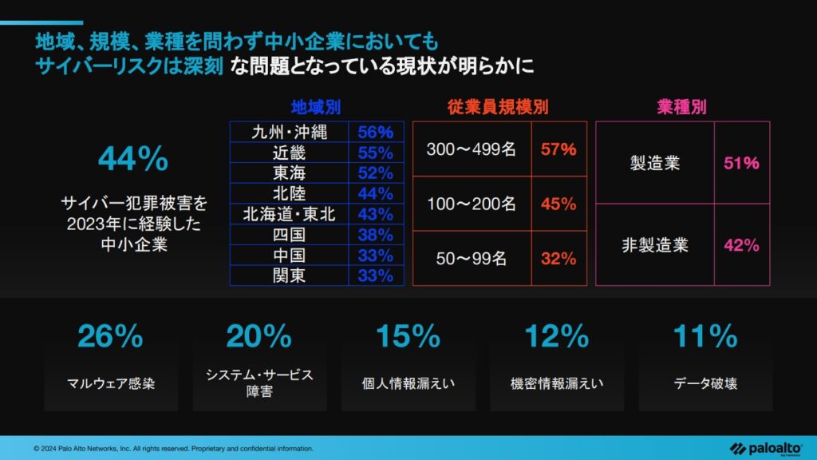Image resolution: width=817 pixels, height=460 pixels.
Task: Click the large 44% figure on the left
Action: pos(133,161)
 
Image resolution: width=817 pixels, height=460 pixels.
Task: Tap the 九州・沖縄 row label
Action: pos(289,132)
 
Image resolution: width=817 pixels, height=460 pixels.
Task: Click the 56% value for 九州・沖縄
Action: pos(375,132)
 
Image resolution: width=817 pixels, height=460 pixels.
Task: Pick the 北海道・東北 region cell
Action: pos(289,214)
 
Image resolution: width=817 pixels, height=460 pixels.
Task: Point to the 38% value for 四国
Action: pos(375,235)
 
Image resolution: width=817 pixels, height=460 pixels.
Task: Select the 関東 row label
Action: pos(289,276)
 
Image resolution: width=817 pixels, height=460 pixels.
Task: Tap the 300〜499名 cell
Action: pos(471,149)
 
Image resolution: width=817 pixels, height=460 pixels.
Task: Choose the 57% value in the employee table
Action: pos(558,149)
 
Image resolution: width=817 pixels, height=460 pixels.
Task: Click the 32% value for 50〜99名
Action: pos(558,258)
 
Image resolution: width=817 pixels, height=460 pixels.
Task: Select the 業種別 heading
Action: pos(682,106)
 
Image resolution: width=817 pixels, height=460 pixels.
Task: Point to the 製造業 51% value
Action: pos(741,164)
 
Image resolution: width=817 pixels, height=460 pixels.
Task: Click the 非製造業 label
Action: pos(654,245)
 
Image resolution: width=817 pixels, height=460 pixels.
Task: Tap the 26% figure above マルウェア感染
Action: pos(111,337)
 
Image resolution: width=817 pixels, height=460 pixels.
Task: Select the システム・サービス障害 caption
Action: pos(259,383)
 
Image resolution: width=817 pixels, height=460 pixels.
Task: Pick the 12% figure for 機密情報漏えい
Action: pos(556,337)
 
